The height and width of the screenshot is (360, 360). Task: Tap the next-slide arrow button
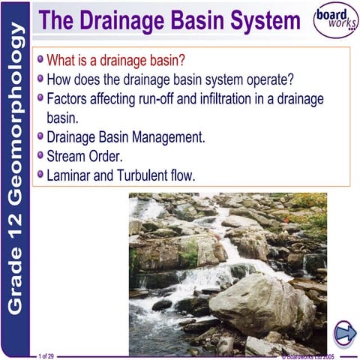pos(344,331)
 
